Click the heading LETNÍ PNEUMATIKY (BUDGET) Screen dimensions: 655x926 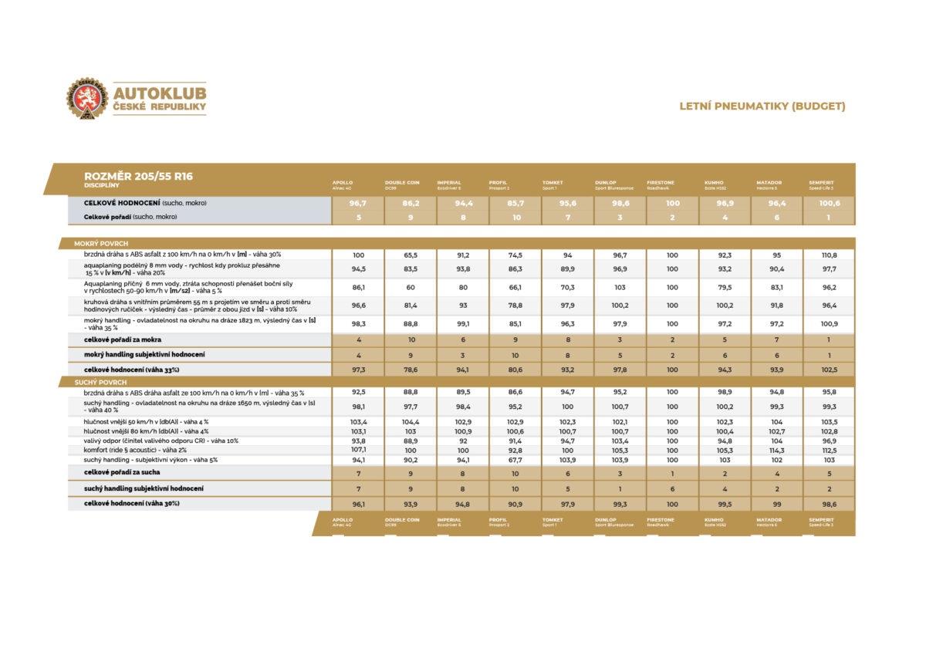[x=762, y=106]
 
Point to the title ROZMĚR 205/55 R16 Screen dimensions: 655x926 [x=138, y=176]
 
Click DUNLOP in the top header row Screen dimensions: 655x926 [x=606, y=183]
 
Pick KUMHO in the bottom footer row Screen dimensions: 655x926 [x=715, y=520]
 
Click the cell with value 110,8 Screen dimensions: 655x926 [x=829, y=255]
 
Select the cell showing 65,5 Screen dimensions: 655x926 [x=411, y=255]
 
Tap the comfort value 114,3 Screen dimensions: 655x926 [x=776, y=450]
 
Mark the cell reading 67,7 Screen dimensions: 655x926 [x=515, y=459]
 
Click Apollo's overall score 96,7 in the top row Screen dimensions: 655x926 [x=358, y=204]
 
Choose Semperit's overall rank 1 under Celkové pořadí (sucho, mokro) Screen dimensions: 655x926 [x=829, y=218]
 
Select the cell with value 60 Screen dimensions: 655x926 [x=411, y=287]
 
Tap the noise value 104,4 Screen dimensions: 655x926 [x=411, y=422]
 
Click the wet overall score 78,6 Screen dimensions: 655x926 [x=411, y=370]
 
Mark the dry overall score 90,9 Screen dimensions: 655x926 [x=515, y=504]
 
